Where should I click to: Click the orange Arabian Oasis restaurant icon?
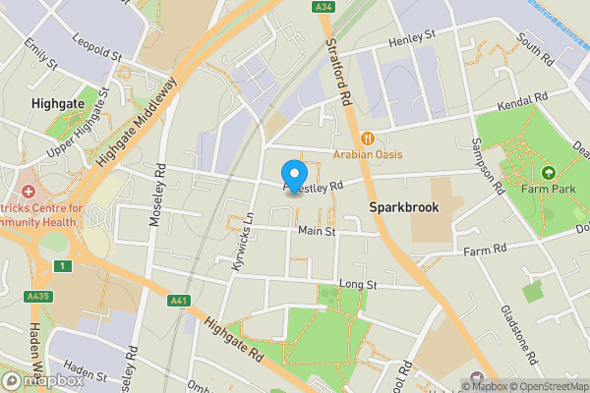pos(368,138)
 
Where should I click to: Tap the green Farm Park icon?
pos(548,173)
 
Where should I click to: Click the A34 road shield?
pos(324,7)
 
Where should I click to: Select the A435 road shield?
pos(38,296)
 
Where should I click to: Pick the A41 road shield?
pos(178,301)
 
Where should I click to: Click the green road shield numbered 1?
pos(64,266)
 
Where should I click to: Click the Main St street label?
pos(317,232)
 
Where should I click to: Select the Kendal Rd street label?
pos(522,101)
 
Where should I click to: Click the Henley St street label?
pos(412,36)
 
